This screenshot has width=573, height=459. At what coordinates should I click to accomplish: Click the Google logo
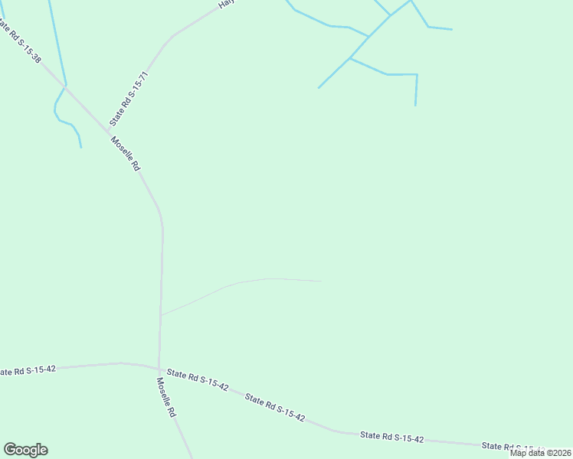point(25,450)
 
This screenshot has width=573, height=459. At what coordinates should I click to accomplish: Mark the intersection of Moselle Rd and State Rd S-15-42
point(159,368)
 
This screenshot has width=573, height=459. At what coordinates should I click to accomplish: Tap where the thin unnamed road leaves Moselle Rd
point(161,314)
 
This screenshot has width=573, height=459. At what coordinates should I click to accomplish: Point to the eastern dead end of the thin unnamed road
point(321,281)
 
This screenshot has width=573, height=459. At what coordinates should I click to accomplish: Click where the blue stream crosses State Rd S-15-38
point(66,86)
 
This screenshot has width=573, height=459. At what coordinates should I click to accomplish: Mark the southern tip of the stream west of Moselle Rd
point(81,148)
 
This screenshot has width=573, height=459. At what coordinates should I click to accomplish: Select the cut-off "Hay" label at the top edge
point(225,4)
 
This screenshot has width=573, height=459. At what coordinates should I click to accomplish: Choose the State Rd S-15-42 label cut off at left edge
point(28,371)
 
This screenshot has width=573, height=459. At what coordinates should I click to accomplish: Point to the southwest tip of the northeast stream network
point(319,88)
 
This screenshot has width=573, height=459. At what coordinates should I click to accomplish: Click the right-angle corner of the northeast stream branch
point(417,74)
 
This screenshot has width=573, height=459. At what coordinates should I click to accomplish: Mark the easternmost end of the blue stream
point(452,30)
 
